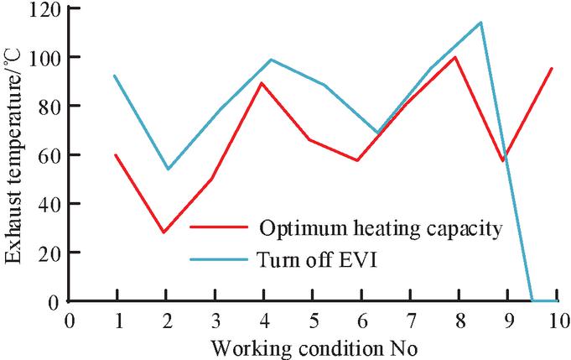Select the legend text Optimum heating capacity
[x=380, y=228]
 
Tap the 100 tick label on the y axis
[x=42, y=57]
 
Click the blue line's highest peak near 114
[x=480, y=23]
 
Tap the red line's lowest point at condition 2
[x=164, y=232]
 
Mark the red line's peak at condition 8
[x=455, y=57]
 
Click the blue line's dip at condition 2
[x=167, y=169]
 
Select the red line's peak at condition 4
[x=263, y=82]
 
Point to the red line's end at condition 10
[x=553, y=68]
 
